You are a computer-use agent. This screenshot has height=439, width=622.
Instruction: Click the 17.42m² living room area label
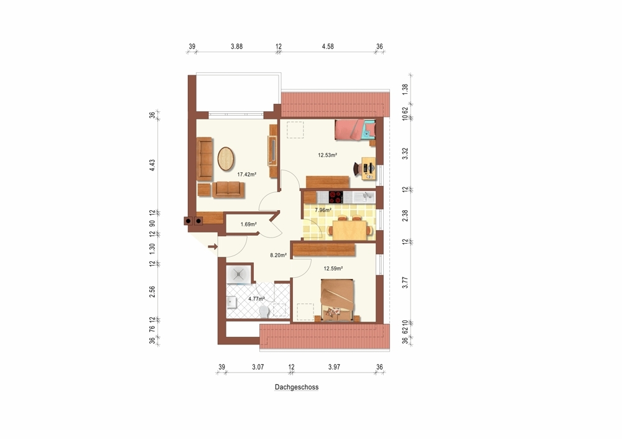(x=246, y=174)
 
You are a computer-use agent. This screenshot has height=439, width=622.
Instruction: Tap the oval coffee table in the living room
(x=226, y=159)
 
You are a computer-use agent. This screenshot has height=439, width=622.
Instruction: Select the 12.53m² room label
(x=327, y=155)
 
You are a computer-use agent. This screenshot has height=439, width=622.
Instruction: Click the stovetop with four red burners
(x=336, y=196)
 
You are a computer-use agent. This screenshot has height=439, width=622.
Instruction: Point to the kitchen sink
(x=364, y=196)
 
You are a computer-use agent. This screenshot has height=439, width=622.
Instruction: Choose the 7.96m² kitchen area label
(x=323, y=210)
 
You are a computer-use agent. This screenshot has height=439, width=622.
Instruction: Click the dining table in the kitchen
(x=350, y=229)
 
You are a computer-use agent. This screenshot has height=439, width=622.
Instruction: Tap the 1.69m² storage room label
(x=248, y=224)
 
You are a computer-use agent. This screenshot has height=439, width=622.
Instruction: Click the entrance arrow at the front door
(x=213, y=247)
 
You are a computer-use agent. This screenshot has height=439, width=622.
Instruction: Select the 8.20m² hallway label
(x=278, y=256)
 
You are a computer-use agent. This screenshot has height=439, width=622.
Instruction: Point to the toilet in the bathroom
(x=263, y=312)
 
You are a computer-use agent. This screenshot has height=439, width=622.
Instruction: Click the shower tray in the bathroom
(x=238, y=275)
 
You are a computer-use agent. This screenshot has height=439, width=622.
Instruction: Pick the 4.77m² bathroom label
(x=256, y=298)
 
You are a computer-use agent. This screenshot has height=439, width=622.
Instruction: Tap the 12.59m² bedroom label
(x=333, y=269)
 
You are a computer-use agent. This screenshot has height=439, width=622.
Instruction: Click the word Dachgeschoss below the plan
(x=297, y=387)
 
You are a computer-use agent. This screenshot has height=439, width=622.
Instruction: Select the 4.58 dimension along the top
(x=328, y=47)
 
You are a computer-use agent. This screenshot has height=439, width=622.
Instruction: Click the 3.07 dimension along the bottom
(x=258, y=367)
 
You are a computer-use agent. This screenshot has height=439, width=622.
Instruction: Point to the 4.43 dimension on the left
(x=152, y=165)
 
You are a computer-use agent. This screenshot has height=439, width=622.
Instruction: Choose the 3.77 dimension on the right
(x=405, y=282)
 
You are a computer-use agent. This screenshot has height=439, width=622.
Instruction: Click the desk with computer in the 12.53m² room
(x=368, y=168)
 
